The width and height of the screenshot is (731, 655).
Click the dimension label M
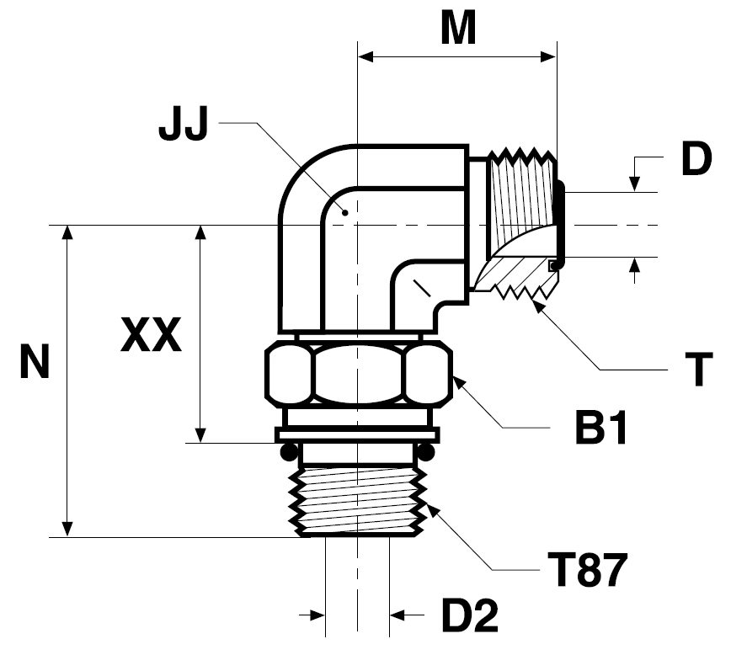click(x=458, y=29)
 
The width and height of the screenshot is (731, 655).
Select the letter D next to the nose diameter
click(x=696, y=159)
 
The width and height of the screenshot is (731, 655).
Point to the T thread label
click(x=699, y=370)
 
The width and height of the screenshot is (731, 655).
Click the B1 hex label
click(x=601, y=428)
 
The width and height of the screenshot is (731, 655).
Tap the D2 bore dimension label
click(x=469, y=615)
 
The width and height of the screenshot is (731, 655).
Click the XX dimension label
click(x=151, y=334)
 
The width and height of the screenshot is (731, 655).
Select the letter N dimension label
click(x=35, y=361)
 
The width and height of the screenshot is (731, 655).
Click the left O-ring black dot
click(x=289, y=452)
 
